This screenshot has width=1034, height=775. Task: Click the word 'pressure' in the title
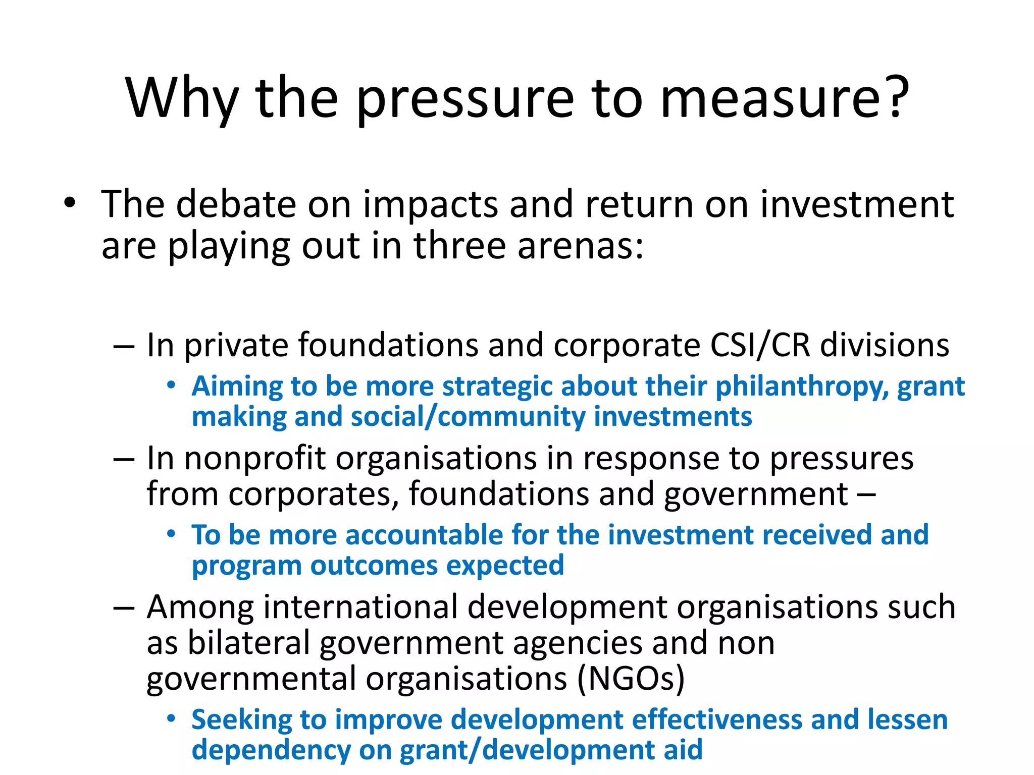(x=465, y=99)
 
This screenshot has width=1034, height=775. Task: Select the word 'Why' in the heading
(x=182, y=99)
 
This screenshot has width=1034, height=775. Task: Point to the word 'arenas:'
(x=580, y=246)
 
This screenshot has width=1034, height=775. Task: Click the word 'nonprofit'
(x=255, y=459)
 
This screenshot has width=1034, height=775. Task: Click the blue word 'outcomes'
(x=374, y=566)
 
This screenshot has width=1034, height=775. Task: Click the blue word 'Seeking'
(x=241, y=721)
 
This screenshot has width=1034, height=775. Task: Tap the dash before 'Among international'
(x=124, y=607)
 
